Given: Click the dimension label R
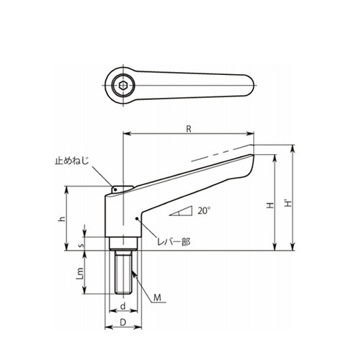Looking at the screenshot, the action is pos(189,129).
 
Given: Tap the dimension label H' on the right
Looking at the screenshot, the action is pos(288,204).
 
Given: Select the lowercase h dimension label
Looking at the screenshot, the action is pos(63,219).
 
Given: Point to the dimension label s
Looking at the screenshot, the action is pos(82,246).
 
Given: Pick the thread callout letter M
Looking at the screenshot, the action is pos(157,297).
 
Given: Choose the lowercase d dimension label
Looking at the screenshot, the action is pos(123,306).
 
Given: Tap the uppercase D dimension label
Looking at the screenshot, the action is pos(123,323).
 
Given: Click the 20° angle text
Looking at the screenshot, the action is pos(204,211).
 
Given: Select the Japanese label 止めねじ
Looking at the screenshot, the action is pos(72,161).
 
